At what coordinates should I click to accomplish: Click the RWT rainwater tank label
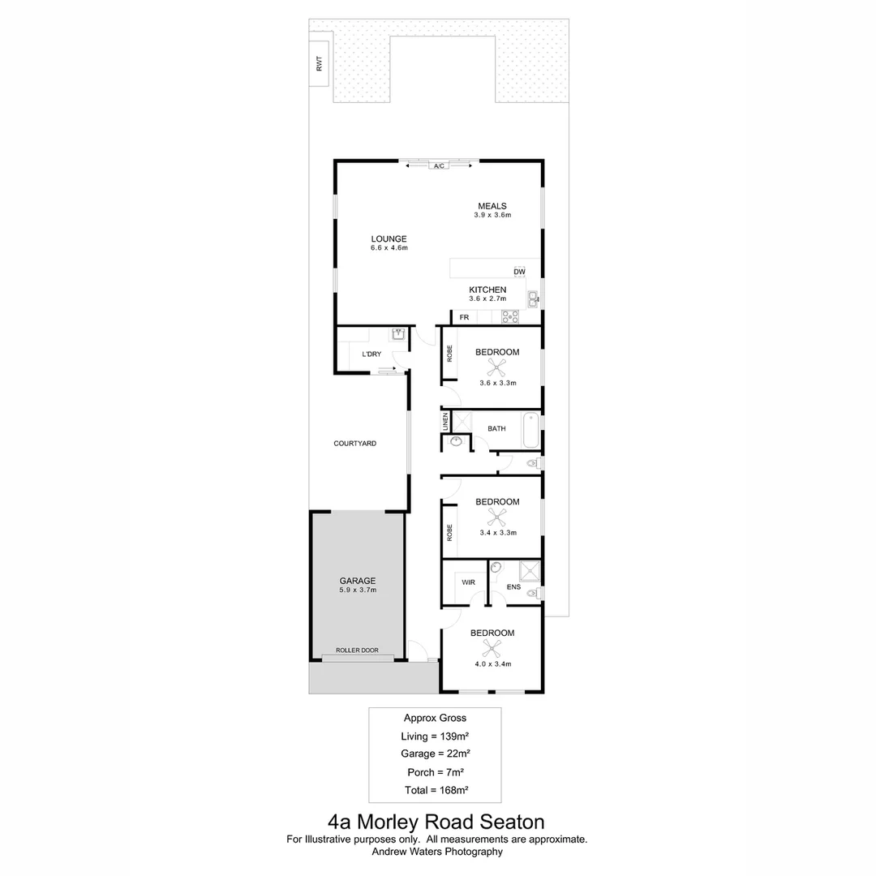tap(319, 64)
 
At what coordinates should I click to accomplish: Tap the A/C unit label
tap(439, 166)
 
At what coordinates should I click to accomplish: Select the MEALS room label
tap(492, 206)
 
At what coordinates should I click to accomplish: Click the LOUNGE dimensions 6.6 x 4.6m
tap(389, 248)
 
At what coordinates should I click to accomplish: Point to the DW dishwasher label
tap(519, 272)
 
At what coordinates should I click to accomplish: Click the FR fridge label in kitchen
tap(464, 317)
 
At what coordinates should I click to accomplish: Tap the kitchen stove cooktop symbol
tap(509, 317)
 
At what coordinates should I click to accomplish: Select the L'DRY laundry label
tap(371, 354)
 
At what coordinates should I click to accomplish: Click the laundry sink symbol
tap(398, 334)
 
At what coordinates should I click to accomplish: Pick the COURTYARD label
tap(355, 444)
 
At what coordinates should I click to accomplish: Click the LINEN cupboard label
tap(445, 422)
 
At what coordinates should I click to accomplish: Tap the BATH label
tap(496, 428)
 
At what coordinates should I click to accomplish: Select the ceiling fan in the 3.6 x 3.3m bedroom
tap(497, 367)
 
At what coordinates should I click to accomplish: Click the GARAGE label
tap(357, 581)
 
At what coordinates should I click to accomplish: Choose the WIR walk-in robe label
tap(468, 582)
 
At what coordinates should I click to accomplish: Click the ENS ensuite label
tap(513, 586)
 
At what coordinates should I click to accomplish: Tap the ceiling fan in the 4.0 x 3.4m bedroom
tap(492, 647)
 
